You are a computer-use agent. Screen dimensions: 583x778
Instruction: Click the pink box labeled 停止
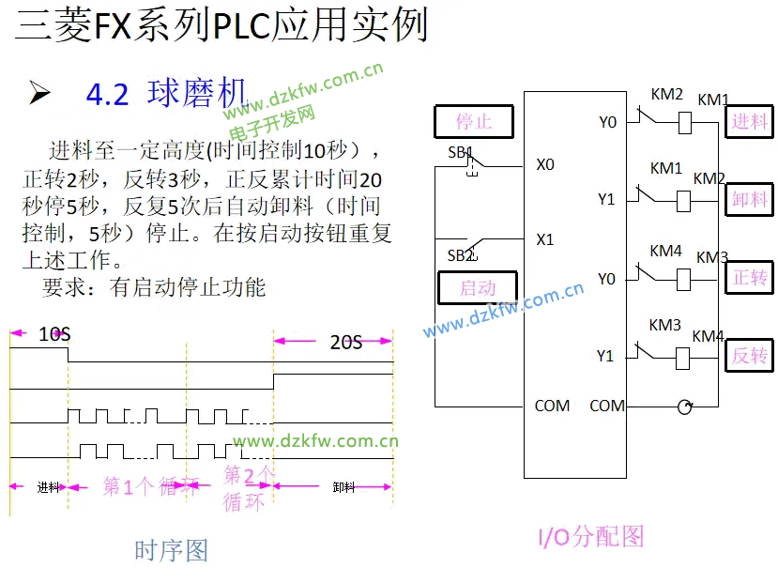tap(474, 122)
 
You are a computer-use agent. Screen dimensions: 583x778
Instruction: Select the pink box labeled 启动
tap(477, 287)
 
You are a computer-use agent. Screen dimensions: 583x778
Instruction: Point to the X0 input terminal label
tap(545, 164)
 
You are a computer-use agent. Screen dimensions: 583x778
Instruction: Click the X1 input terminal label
tap(545, 239)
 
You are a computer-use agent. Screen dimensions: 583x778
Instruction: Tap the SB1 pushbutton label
tap(461, 152)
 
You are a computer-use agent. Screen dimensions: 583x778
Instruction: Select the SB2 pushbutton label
tap(461, 255)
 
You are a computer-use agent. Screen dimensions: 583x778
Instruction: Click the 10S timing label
tap(54, 333)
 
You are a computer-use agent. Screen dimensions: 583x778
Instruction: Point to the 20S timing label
tap(345, 342)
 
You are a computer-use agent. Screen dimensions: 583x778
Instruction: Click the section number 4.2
tap(107, 95)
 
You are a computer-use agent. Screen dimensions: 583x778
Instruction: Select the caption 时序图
tap(171, 549)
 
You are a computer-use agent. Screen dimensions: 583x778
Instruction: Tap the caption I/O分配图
tap(590, 536)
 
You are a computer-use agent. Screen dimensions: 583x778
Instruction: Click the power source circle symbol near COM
tap(685, 406)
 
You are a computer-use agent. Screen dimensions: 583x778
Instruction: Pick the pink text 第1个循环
tap(150, 485)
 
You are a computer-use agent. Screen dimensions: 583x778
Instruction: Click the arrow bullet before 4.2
tap(39, 93)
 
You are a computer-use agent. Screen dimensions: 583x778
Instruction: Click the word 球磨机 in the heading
tap(196, 93)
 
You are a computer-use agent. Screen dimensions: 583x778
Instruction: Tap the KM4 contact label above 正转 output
tap(665, 251)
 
